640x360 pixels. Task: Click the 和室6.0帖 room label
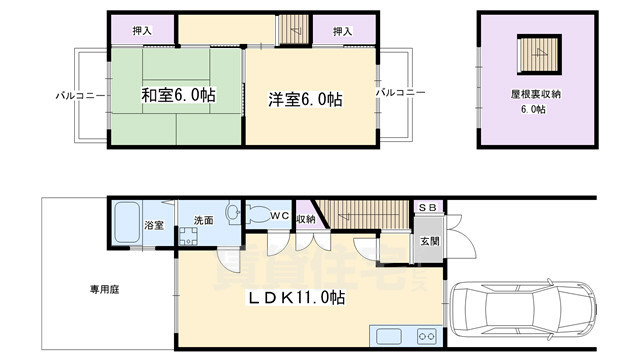[x=178, y=97]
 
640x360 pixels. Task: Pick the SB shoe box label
[x=427, y=207]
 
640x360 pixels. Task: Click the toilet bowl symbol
[x=234, y=213]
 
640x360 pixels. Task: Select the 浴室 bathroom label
[x=154, y=226]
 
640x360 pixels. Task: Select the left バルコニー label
[x=75, y=96]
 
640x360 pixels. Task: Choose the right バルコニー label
[x=401, y=92]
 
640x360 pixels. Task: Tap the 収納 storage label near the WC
[x=306, y=219]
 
